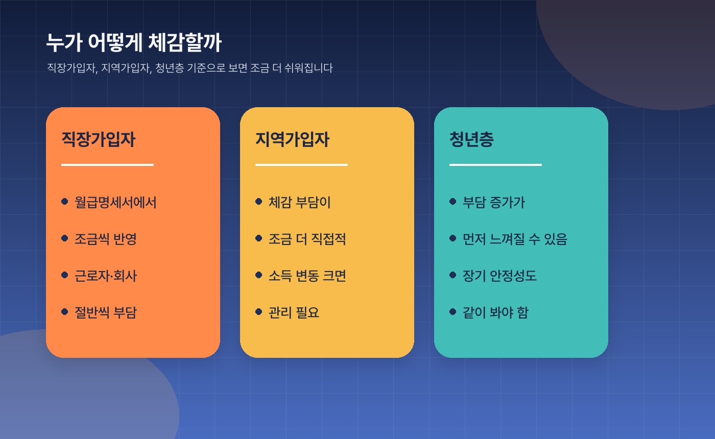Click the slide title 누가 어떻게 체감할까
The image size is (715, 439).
134,43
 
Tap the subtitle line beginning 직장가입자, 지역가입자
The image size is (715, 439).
189,68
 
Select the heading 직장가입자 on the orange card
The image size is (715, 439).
98,139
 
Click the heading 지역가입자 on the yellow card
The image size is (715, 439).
292,139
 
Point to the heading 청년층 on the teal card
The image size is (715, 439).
471,139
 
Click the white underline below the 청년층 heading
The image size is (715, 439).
495,165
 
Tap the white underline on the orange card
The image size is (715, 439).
107,165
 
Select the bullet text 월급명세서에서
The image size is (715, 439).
115,202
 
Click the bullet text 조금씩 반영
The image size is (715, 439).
106,239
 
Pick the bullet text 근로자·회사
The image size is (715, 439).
106,276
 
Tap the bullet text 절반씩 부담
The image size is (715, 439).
106,312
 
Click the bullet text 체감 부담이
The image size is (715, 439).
300,202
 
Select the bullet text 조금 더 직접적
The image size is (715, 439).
307,239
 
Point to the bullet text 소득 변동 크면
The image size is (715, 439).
307,276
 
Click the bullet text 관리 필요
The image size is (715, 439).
294,312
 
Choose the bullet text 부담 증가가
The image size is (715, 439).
494,202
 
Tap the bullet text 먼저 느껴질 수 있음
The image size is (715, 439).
515,239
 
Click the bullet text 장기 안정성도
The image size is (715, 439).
499,276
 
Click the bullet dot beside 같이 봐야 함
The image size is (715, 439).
452,311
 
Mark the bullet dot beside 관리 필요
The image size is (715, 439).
258,311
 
